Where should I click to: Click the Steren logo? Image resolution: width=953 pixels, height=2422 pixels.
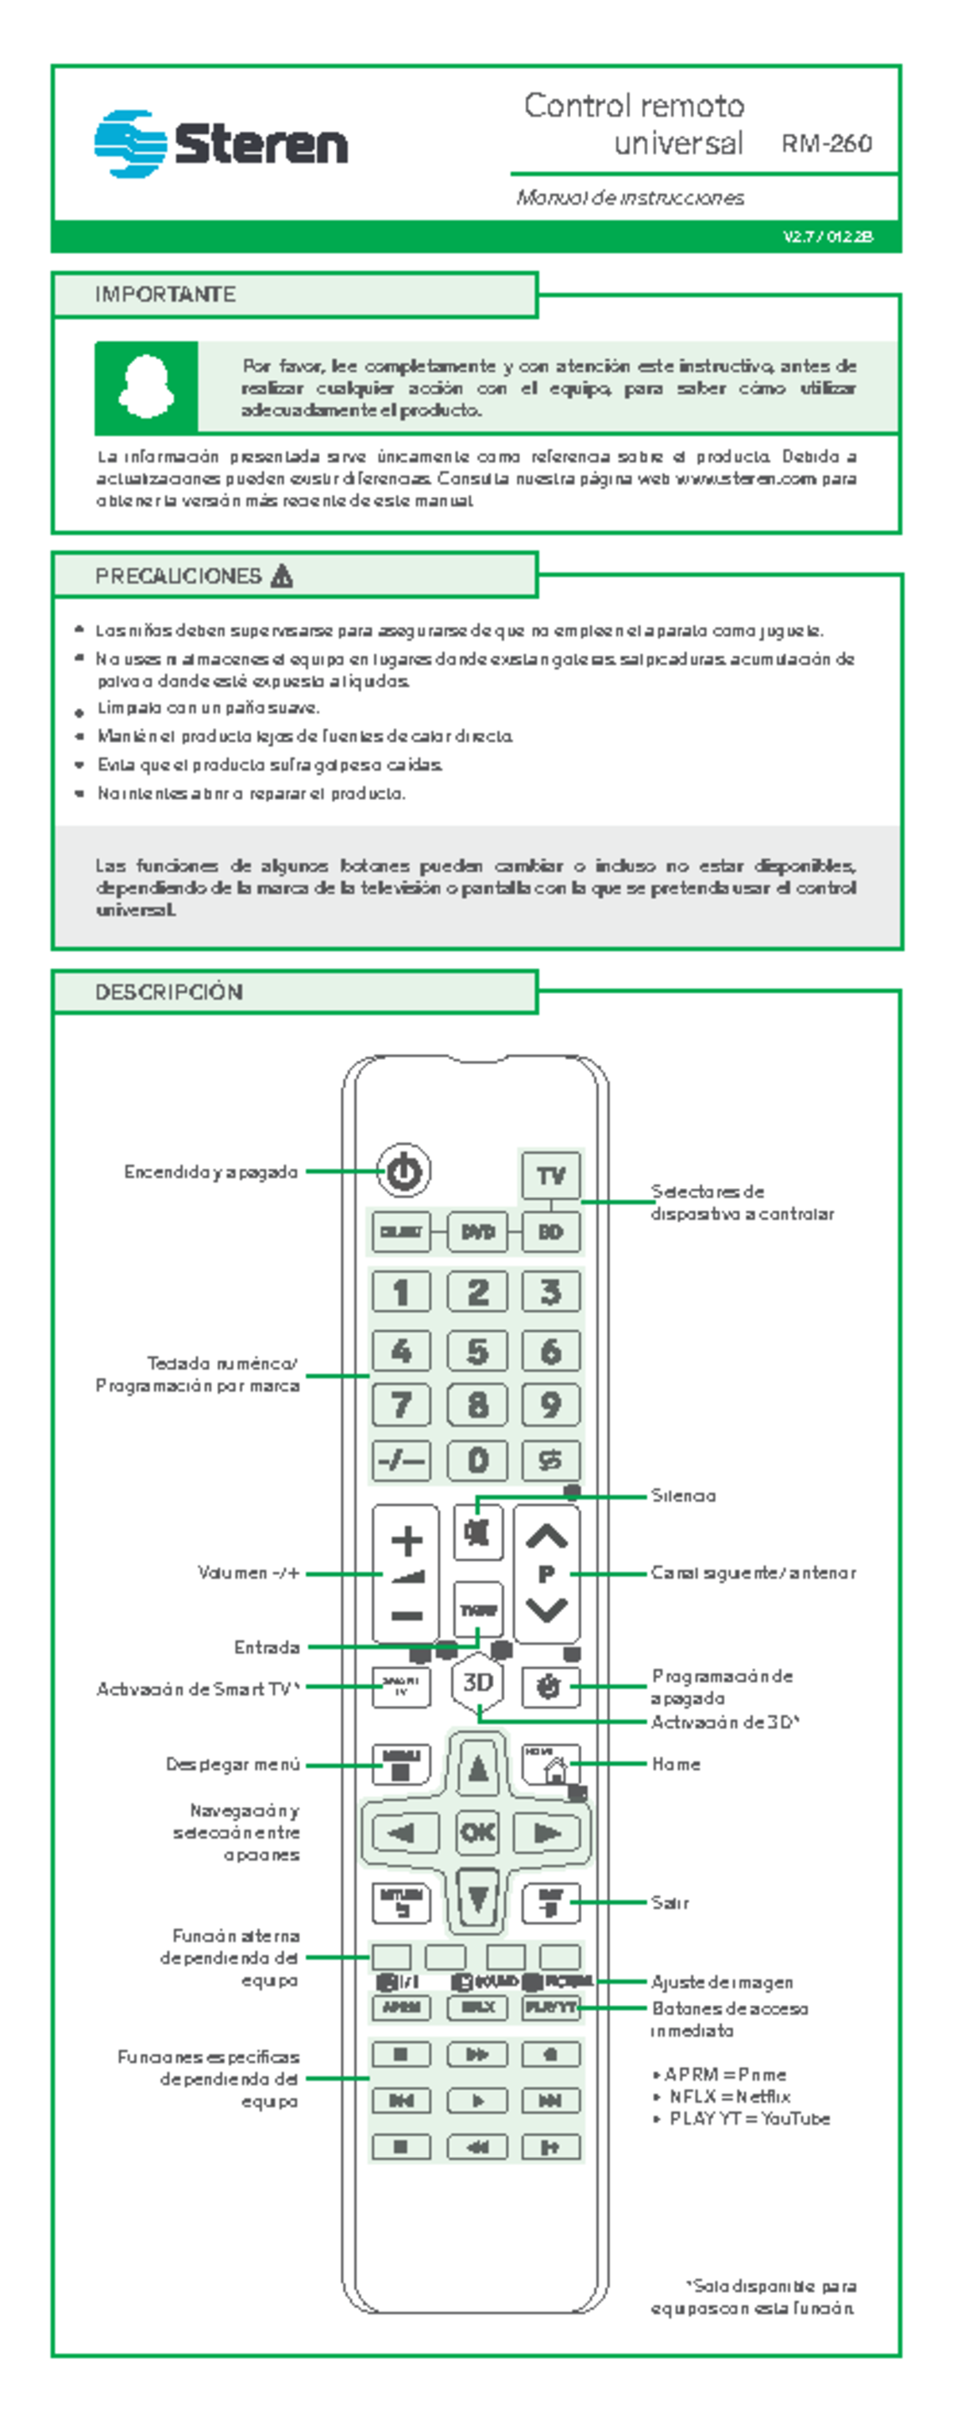click(221, 144)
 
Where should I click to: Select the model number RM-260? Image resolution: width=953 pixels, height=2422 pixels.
click(826, 144)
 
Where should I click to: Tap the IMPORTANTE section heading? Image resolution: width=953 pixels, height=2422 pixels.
click(165, 294)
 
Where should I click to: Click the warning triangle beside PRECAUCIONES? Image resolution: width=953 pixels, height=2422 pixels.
click(281, 576)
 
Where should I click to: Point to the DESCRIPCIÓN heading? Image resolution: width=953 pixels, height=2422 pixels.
click(169, 992)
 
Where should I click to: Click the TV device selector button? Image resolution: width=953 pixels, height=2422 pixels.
click(550, 1175)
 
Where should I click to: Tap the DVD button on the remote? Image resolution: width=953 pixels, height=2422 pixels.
click(477, 1232)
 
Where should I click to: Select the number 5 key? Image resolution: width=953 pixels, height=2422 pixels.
click(477, 1351)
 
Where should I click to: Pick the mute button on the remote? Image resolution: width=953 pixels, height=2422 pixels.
click(477, 1534)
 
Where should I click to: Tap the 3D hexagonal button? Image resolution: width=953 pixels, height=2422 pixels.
click(477, 1682)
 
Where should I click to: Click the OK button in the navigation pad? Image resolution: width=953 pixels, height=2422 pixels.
click(477, 1832)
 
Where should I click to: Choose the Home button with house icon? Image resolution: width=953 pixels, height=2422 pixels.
click(550, 1765)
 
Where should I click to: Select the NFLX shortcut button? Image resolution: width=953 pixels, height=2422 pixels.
click(477, 2007)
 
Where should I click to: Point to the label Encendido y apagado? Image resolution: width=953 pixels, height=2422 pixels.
click(210, 1172)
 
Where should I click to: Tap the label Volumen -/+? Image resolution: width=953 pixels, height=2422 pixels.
click(248, 1573)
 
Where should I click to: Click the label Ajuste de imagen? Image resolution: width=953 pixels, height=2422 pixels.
click(722, 1982)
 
